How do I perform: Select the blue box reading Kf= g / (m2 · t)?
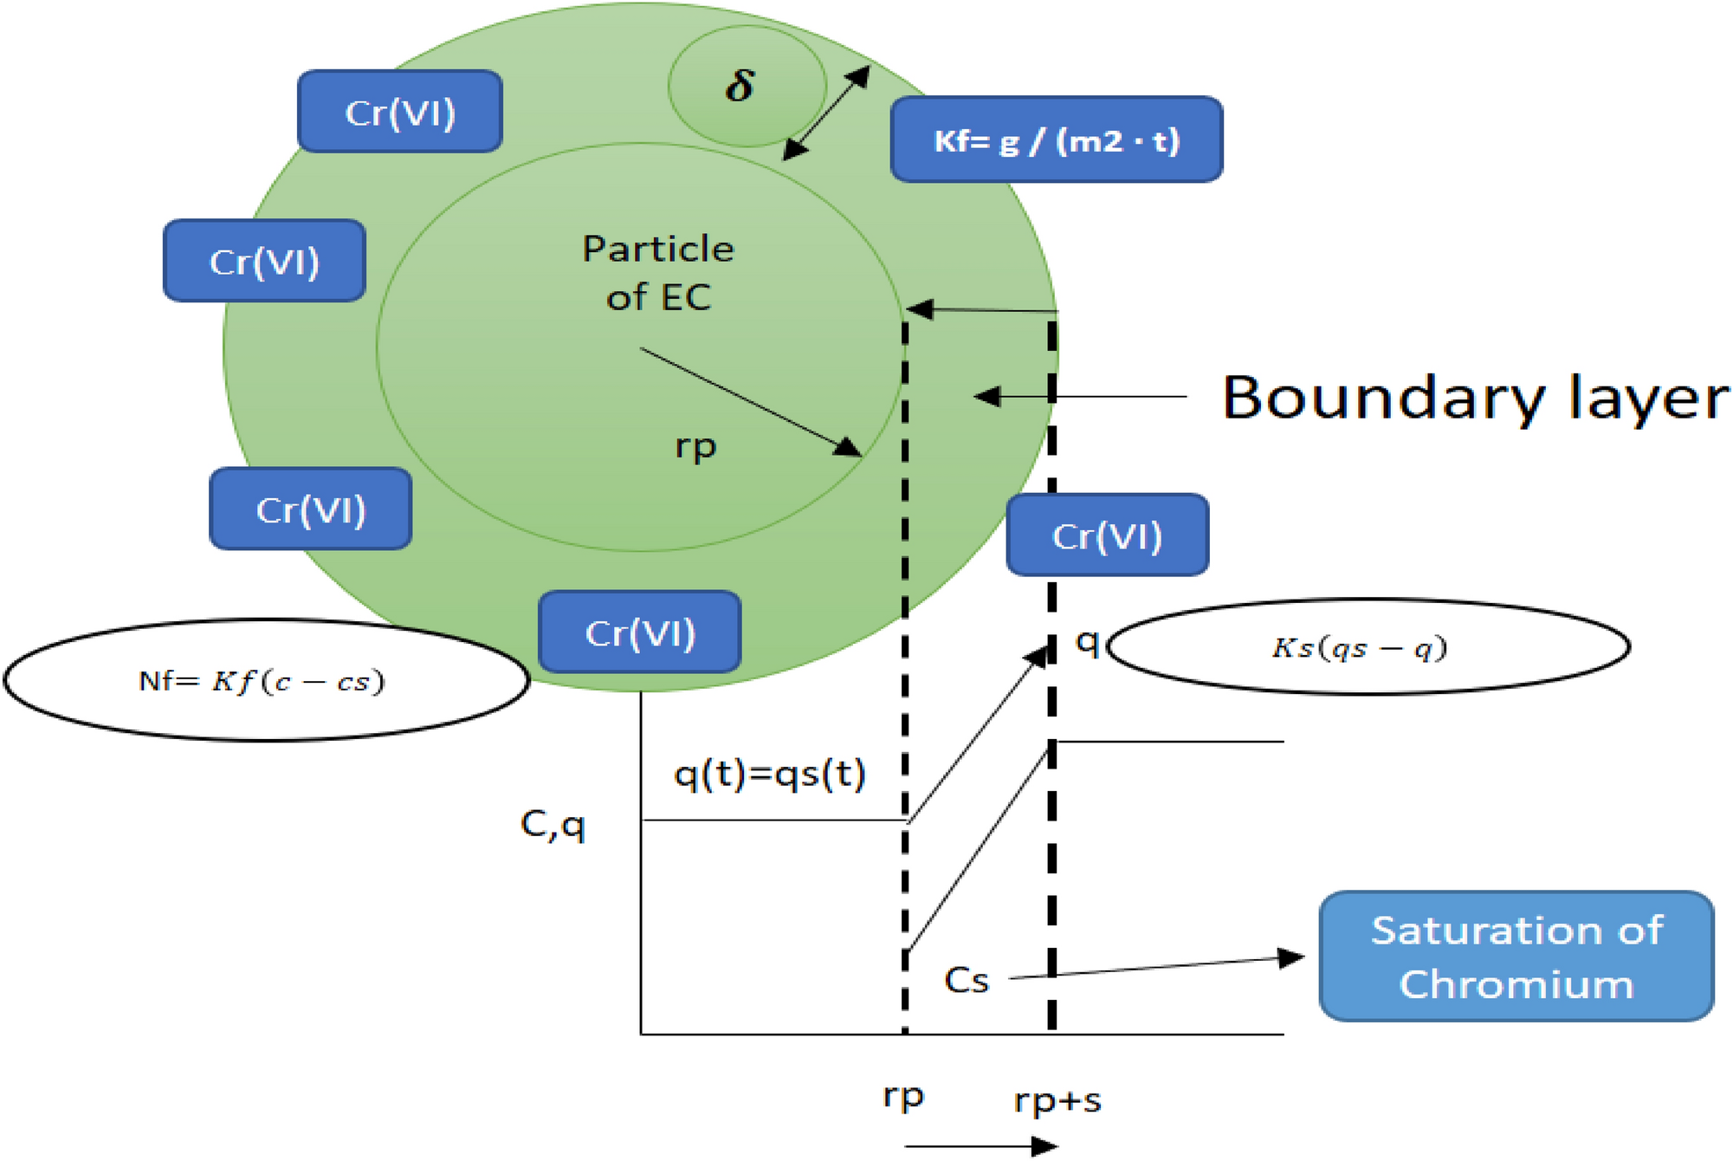(1056, 139)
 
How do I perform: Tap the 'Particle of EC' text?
(658, 273)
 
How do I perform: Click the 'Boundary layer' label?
(1474, 398)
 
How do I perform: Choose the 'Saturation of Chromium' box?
(1516, 957)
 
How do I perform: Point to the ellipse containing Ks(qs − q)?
(1368, 647)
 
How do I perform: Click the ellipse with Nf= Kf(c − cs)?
(266, 681)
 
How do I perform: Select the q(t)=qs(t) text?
(769, 774)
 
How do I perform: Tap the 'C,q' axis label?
(553, 825)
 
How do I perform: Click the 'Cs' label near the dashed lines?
(967, 981)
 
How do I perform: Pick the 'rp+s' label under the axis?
(1057, 1101)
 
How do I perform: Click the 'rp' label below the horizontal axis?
(903, 1097)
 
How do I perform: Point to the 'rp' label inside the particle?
(695, 447)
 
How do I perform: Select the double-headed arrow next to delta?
(826, 113)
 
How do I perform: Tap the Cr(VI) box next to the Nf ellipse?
(639, 632)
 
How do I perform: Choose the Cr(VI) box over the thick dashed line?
(1107, 535)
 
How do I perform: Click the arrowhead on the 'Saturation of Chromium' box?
(1291, 957)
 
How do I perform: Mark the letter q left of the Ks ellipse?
(1087, 642)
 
